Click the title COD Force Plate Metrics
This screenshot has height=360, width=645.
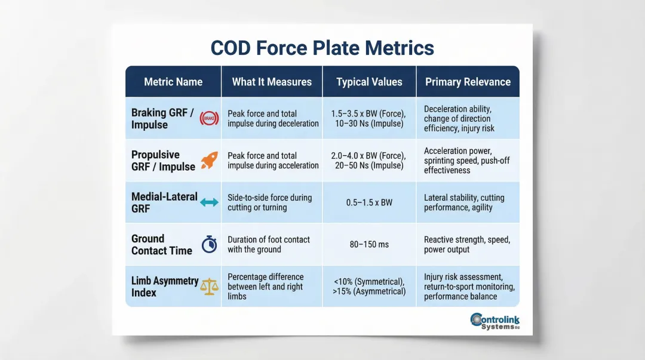point(322,48)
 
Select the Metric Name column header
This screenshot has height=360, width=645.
point(173,82)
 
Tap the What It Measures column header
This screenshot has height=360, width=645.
point(272,82)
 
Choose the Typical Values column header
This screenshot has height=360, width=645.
point(369,82)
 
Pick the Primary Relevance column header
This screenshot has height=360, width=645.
point(468,82)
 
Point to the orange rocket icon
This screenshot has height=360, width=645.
point(209,160)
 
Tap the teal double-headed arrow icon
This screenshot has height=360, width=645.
point(209,202)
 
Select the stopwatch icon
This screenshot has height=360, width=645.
point(209,244)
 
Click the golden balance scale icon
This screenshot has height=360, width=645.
point(209,286)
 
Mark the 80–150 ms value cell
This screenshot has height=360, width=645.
point(369,244)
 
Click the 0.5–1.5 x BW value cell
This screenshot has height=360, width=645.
point(369,202)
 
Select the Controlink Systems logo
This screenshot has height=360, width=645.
point(495,321)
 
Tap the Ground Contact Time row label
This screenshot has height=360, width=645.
point(162,244)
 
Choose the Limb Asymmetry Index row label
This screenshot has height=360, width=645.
point(164,286)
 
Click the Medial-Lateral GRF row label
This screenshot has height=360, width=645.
point(164,202)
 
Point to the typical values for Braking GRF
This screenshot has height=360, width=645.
point(369,118)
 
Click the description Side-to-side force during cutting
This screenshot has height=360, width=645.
point(269,202)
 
